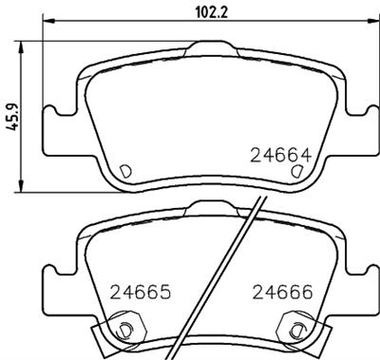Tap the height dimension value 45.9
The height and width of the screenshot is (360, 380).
pos(9,116)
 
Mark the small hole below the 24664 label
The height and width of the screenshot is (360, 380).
pos(296,171)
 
